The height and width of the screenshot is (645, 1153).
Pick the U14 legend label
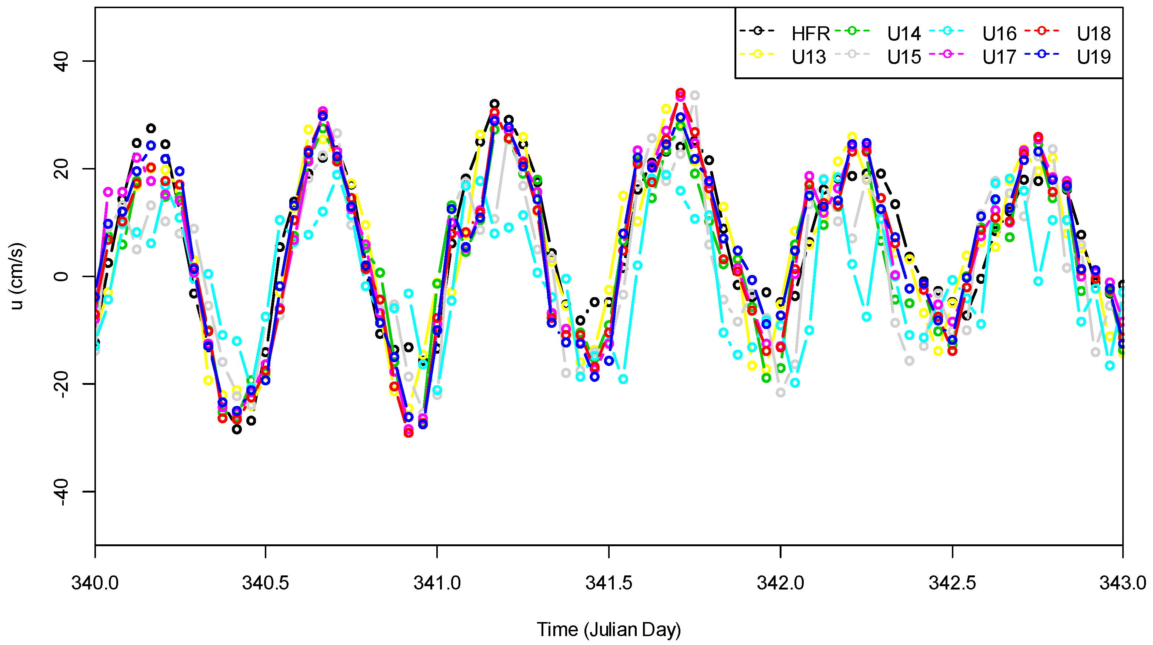[904, 34]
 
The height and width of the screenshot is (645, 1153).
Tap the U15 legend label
[904, 57]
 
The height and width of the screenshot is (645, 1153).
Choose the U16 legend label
[999, 34]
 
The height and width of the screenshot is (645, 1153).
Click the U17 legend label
[999, 57]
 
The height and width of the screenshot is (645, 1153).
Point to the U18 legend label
[1094, 34]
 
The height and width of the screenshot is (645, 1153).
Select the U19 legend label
[1094, 57]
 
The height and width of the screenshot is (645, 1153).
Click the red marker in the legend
[1042, 30]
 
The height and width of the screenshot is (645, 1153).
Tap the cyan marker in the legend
[947, 30]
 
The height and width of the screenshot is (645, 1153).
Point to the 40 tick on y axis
[62, 61]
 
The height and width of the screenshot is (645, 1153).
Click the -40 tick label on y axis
[62, 491]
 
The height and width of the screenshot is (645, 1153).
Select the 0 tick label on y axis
[62, 276]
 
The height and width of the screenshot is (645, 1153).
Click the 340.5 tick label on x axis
[266, 583]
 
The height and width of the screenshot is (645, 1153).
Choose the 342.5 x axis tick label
[952, 583]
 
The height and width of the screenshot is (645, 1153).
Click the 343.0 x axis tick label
[1123, 583]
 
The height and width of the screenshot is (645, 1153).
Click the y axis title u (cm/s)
[17, 276]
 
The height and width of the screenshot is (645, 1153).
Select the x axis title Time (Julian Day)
[609, 629]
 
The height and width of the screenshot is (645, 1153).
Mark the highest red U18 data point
[680, 93]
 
